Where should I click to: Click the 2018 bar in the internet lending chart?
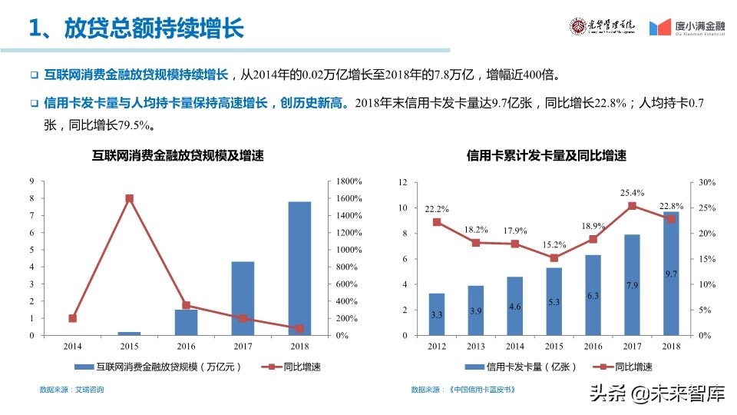[x=299, y=268]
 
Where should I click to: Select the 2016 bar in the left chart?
[x=186, y=322]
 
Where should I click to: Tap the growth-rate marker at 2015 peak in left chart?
[x=129, y=198]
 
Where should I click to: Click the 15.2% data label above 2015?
[x=554, y=244]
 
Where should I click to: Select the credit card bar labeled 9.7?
[x=671, y=274]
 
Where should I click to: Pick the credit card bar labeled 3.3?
[x=436, y=314]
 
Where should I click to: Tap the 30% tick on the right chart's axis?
[x=707, y=183]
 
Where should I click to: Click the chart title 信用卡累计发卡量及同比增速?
[x=546, y=156]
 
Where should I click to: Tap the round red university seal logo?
[x=577, y=26]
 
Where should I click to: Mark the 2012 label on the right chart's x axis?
[x=436, y=347]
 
